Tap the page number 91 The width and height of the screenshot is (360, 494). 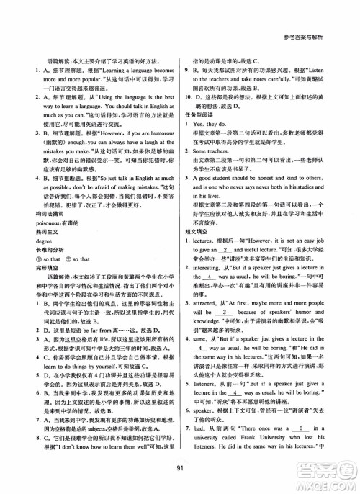click(180, 471)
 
